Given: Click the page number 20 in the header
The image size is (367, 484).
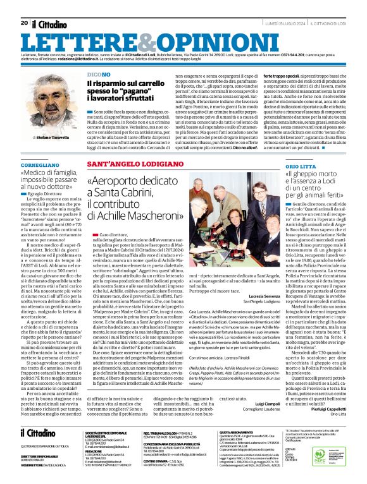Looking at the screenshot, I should [24, 5].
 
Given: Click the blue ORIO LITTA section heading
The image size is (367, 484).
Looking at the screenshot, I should [299, 164].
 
